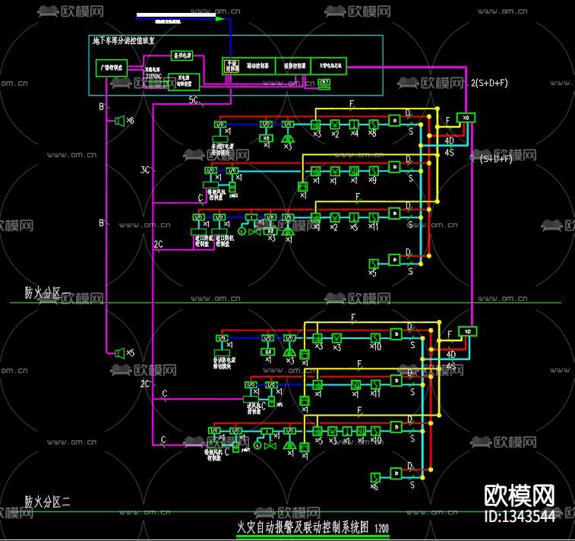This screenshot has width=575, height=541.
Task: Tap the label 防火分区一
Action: (46, 293)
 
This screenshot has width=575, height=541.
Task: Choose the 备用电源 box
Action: (182, 55)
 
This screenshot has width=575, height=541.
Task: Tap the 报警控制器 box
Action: (289, 66)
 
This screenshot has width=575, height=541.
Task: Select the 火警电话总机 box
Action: (327, 66)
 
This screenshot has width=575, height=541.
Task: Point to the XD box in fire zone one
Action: (466, 118)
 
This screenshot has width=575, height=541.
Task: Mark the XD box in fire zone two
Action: (468, 331)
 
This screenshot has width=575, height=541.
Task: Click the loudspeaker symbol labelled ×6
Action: (119, 121)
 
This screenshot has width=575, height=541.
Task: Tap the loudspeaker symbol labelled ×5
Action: (119, 353)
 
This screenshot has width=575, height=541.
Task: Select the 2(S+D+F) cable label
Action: (490, 83)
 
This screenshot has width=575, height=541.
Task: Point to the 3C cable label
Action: (144, 169)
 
